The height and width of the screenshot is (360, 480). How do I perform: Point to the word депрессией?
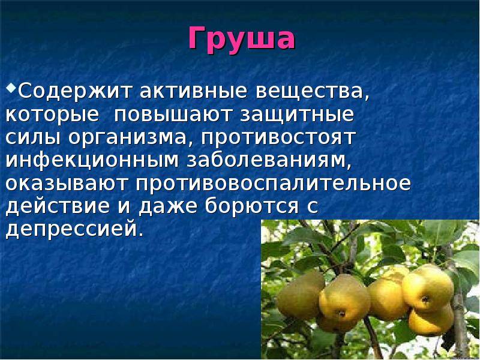pos(75,229)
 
